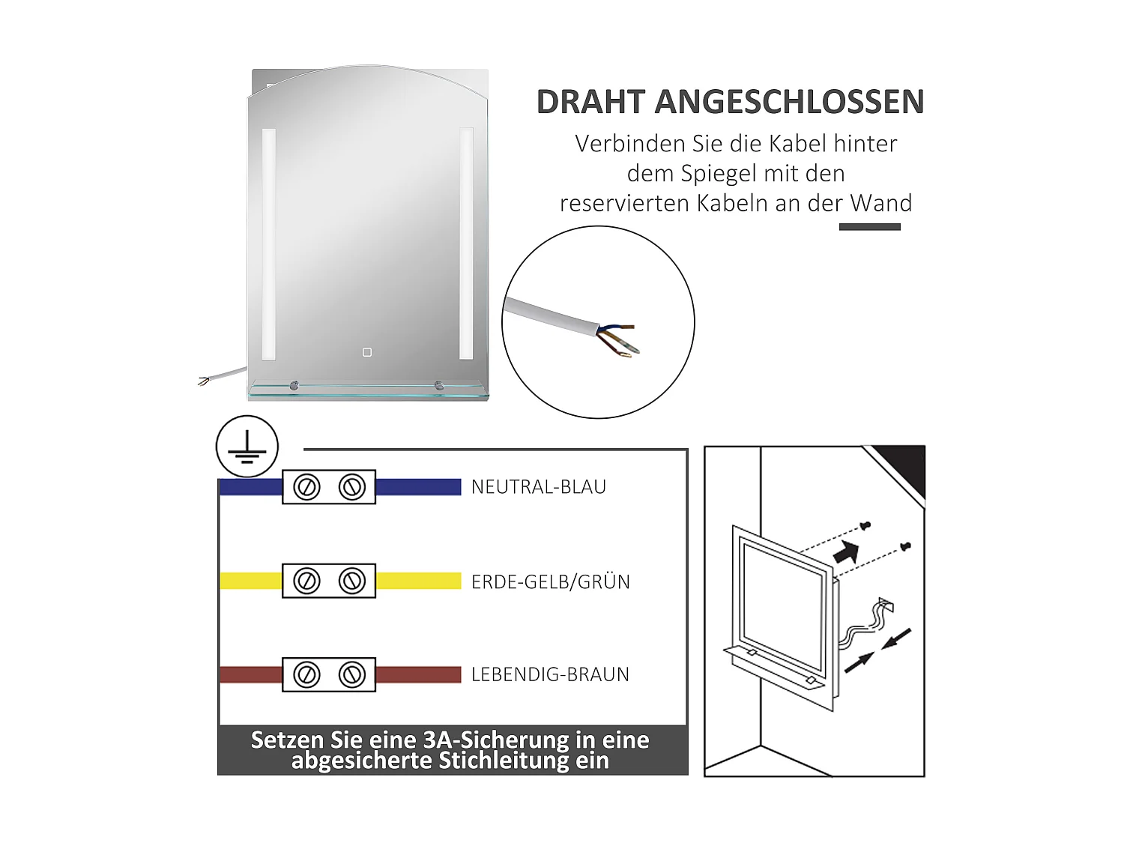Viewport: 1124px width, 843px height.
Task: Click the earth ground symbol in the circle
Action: click(247, 447)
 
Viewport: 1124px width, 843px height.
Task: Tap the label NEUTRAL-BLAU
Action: click(538, 487)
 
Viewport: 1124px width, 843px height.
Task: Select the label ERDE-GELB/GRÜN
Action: click(550, 581)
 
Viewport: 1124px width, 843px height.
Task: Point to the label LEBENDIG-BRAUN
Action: click(550, 674)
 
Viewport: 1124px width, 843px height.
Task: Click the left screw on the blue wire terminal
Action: click(306, 487)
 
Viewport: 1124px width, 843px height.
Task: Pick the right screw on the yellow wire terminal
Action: click(351, 581)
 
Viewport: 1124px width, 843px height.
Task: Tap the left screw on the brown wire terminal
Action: click(306, 674)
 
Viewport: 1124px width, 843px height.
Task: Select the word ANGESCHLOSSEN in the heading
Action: click(789, 103)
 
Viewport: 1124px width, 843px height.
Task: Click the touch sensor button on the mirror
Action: click(367, 352)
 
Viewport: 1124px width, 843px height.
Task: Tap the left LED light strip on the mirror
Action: click(269, 244)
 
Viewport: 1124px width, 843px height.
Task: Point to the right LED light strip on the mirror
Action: click(466, 244)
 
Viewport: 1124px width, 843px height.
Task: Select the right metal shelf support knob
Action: click(438, 386)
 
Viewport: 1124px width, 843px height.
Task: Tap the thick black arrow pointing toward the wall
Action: click(846, 553)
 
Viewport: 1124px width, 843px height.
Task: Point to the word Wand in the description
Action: click(880, 204)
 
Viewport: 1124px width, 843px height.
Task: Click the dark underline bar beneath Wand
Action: click(869, 227)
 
